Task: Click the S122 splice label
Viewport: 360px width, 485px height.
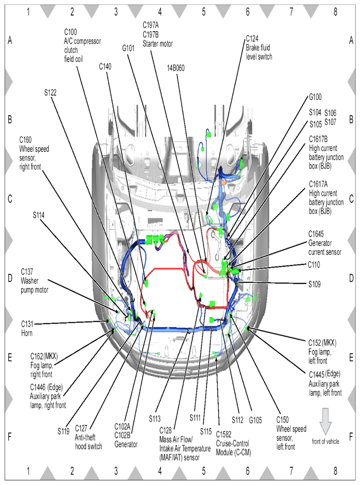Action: pos(50,92)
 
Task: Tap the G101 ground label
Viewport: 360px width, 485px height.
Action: pos(128,47)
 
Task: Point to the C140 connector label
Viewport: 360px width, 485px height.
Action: pos(105,66)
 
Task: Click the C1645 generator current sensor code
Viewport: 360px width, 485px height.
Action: pos(317,235)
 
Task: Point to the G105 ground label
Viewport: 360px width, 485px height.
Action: pos(255,419)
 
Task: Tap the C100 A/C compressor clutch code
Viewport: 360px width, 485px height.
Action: pos(70,32)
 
